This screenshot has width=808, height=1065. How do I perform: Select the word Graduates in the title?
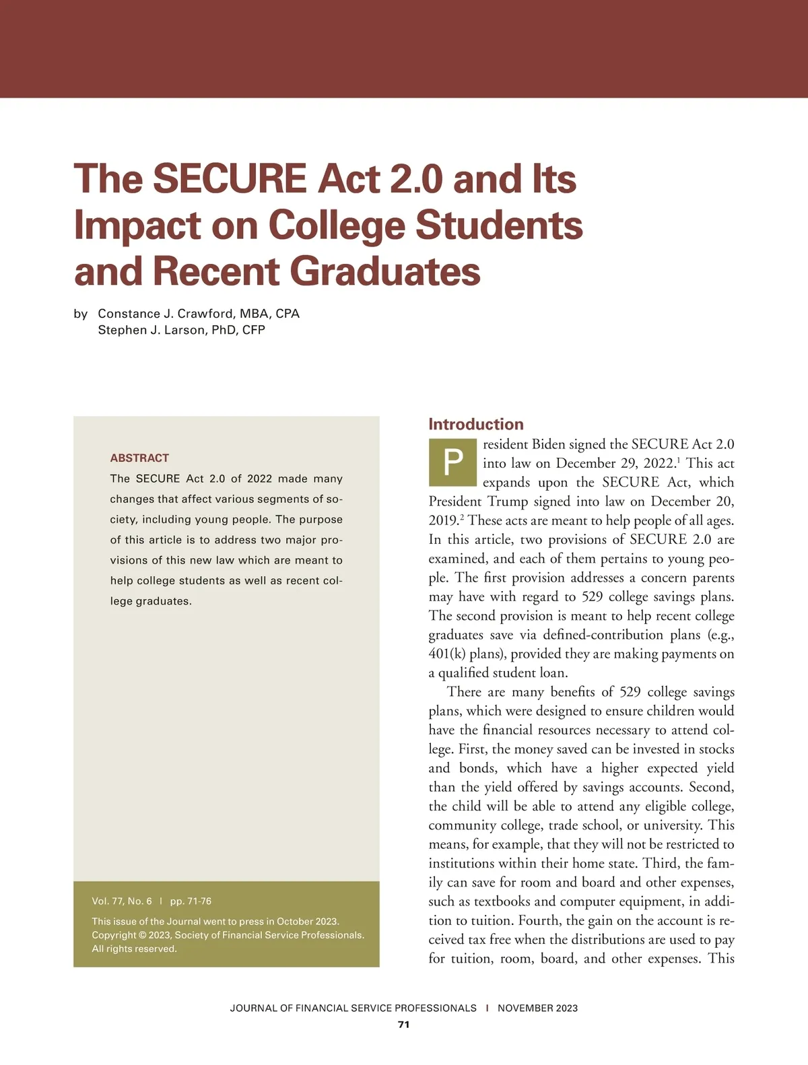click(385, 271)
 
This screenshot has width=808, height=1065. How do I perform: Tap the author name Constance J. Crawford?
click(166, 314)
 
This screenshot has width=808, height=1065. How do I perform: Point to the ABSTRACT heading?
click(139, 458)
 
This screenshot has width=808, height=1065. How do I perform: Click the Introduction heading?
click(476, 424)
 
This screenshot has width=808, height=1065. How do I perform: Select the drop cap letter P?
click(453, 463)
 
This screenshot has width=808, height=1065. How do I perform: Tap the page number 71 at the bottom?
click(404, 1025)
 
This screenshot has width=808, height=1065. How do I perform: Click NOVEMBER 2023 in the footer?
click(537, 1008)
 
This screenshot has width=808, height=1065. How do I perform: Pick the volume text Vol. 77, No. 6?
click(122, 901)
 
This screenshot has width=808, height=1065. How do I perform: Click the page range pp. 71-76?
click(191, 901)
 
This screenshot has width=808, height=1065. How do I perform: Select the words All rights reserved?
click(134, 949)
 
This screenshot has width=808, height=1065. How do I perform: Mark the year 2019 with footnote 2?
click(443, 520)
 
